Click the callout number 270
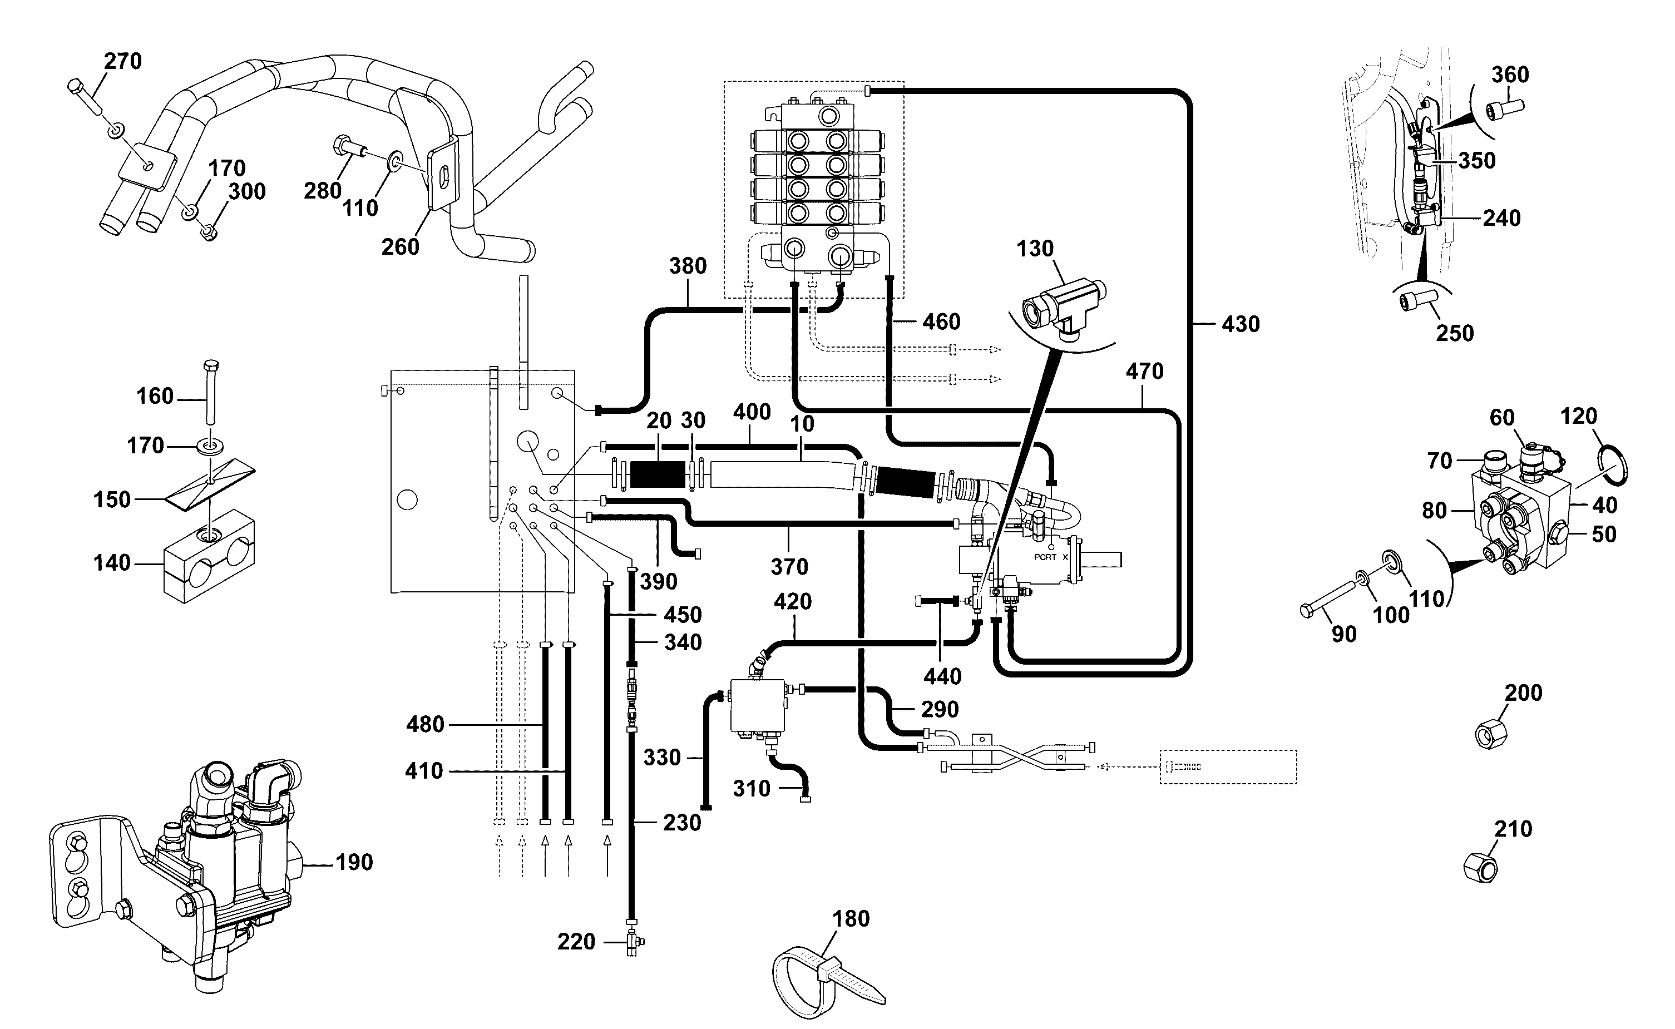(122, 61)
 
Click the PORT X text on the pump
(1051, 557)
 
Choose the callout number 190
(354, 862)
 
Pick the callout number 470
(1144, 372)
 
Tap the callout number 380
(688, 266)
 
